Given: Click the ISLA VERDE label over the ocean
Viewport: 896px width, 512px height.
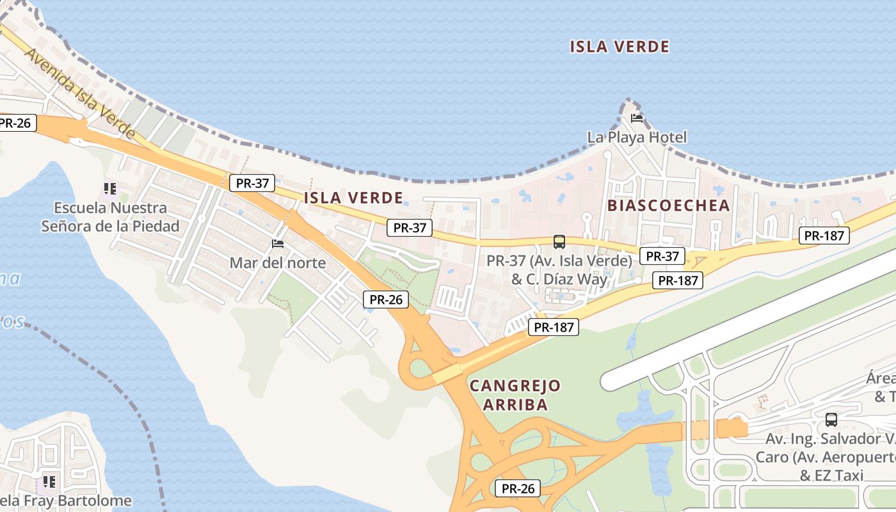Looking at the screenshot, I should (619, 47).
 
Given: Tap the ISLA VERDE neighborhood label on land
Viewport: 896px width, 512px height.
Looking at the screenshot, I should (353, 198).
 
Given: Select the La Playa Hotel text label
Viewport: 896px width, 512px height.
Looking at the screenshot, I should (637, 137).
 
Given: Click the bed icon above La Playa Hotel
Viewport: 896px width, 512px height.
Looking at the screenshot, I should (636, 118).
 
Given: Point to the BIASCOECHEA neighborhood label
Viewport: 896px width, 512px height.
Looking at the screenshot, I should (668, 205).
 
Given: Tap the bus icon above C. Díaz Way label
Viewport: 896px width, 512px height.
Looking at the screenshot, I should (559, 242).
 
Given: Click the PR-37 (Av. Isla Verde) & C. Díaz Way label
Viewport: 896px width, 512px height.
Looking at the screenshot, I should (559, 269).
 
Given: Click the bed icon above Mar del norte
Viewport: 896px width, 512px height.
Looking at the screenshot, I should (278, 244).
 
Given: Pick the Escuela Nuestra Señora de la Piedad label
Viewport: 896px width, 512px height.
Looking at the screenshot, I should (110, 216).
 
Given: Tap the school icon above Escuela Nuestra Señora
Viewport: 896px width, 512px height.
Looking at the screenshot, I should (110, 189).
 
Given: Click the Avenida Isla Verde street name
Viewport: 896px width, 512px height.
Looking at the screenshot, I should (80, 93).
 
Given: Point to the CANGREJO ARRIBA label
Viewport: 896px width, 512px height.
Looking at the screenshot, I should (515, 395).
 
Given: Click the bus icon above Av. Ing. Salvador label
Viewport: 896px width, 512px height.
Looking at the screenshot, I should (831, 420).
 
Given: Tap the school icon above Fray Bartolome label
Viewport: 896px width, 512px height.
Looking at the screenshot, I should (49, 481).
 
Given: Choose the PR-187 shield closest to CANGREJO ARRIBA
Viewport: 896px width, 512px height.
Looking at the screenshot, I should (554, 328).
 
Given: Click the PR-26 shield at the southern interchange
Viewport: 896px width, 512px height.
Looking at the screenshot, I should (518, 488).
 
